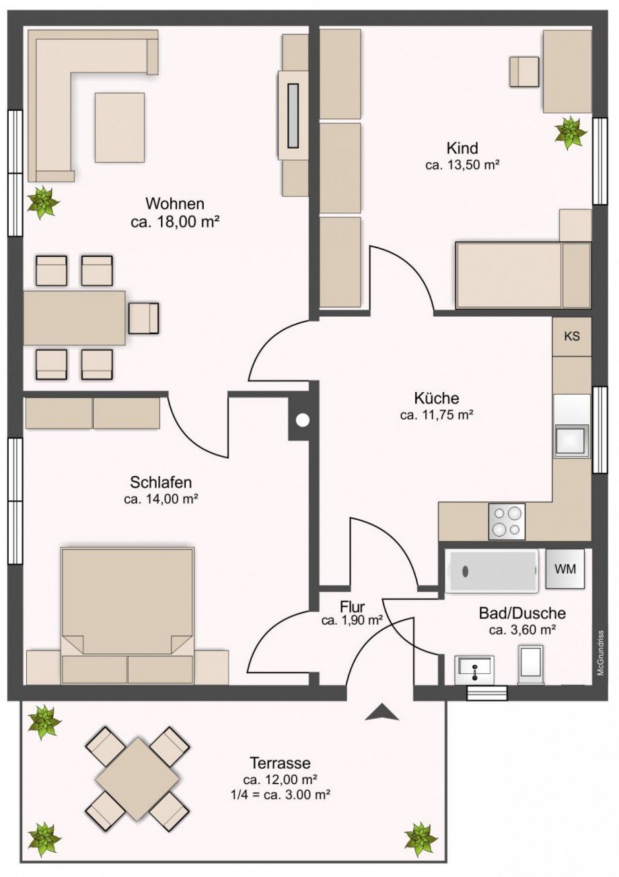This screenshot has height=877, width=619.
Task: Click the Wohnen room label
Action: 175,204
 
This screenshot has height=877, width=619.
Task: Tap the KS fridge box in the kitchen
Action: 572,337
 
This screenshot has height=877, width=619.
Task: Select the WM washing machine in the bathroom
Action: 565,569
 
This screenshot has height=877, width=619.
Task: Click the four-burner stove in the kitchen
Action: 507,521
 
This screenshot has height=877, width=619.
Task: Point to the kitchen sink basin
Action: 572,441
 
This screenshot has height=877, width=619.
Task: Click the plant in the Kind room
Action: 571,133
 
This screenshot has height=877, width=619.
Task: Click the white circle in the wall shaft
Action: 303,420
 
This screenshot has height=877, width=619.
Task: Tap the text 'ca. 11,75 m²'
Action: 437,415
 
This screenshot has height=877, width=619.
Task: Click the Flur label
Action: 352,607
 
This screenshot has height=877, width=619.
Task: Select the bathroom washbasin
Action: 474,671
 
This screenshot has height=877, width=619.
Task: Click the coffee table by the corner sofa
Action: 119,127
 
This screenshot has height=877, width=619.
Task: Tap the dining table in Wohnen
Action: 75,318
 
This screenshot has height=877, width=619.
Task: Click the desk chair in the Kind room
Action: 524,71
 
